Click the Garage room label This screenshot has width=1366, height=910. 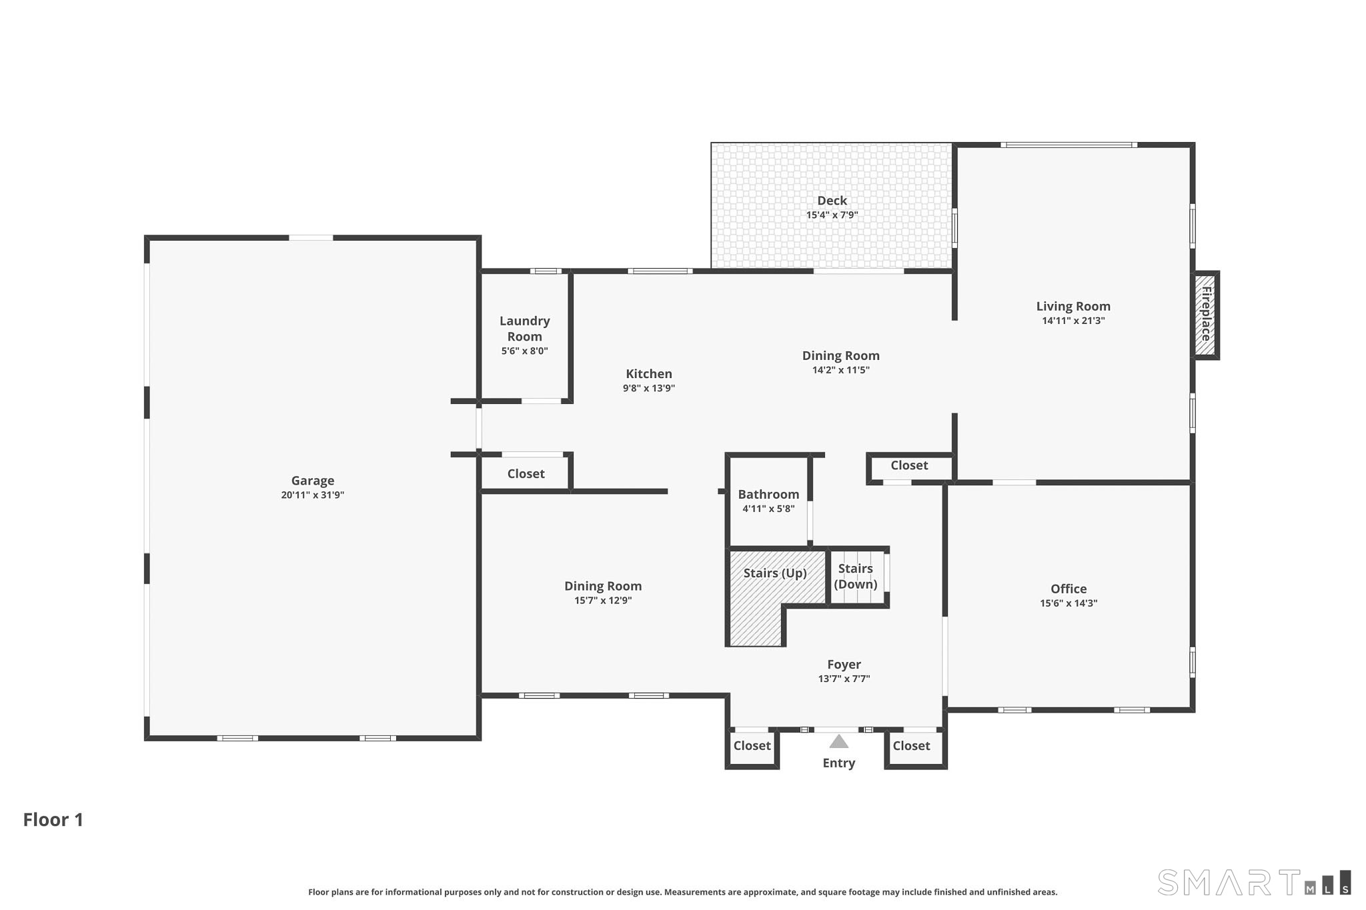click(x=312, y=481)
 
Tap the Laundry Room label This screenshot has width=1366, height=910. click(x=525, y=329)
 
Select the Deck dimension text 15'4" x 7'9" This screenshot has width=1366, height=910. click(x=832, y=215)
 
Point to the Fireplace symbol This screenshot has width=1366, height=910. click(x=1206, y=315)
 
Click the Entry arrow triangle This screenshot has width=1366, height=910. click(x=839, y=741)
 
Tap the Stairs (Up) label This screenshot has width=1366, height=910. click(x=775, y=573)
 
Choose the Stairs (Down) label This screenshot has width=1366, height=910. click(x=856, y=577)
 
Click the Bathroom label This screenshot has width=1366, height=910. click(x=768, y=495)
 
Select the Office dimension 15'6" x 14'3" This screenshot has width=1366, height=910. click(x=1069, y=603)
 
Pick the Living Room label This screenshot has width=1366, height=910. click(x=1073, y=307)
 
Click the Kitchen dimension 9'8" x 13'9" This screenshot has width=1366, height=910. click(x=649, y=389)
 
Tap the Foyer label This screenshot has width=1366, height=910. click(x=844, y=665)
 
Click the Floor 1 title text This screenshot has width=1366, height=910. click(x=53, y=820)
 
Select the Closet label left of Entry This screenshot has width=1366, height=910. click(x=752, y=746)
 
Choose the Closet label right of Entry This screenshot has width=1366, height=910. click(x=911, y=746)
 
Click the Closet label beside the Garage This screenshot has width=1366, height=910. click(x=526, y=474)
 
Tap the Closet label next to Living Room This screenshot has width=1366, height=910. click(x=909, y=465)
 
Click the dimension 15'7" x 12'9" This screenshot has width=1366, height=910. click(x=603, y=601)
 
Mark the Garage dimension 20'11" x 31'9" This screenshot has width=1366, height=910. click(x=312, y=495)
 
